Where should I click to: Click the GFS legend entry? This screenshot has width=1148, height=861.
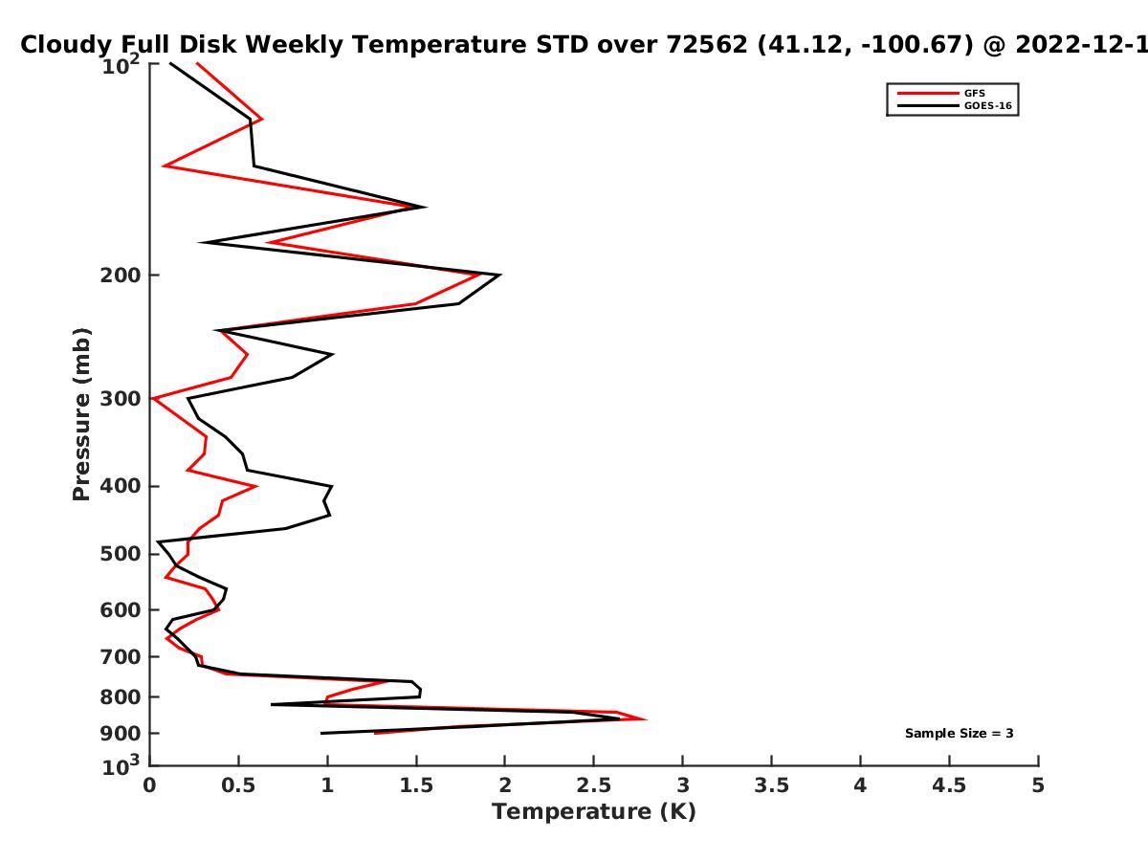(941, 93)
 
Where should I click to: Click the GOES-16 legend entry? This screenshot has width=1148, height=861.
(955, 105)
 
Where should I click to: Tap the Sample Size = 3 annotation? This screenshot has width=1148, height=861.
(960, 734)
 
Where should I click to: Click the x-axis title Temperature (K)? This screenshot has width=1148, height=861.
(594, 812)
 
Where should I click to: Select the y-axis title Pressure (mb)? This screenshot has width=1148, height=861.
(81, 414)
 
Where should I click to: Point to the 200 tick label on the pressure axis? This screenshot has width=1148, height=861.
(121, 276)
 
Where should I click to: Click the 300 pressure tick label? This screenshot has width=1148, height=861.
(121, 399)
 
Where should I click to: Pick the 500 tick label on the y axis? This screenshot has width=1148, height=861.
(121, 554)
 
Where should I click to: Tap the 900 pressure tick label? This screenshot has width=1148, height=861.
(121, 734)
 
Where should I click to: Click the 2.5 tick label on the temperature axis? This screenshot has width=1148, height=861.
(594, 785)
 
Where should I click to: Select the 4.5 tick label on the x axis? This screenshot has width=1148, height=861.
(949, 785)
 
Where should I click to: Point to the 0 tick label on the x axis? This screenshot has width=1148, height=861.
(149, 785)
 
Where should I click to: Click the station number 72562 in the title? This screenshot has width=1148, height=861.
(707, 45)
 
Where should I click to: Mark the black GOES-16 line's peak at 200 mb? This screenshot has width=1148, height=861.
(500, 275)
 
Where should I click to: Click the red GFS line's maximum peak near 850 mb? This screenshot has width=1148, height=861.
(646, 719)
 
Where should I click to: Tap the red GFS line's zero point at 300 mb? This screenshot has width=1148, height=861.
(152, 398)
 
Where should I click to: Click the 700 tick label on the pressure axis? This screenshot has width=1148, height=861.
(121, 657)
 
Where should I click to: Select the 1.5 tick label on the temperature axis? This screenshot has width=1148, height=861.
(416, 785)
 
